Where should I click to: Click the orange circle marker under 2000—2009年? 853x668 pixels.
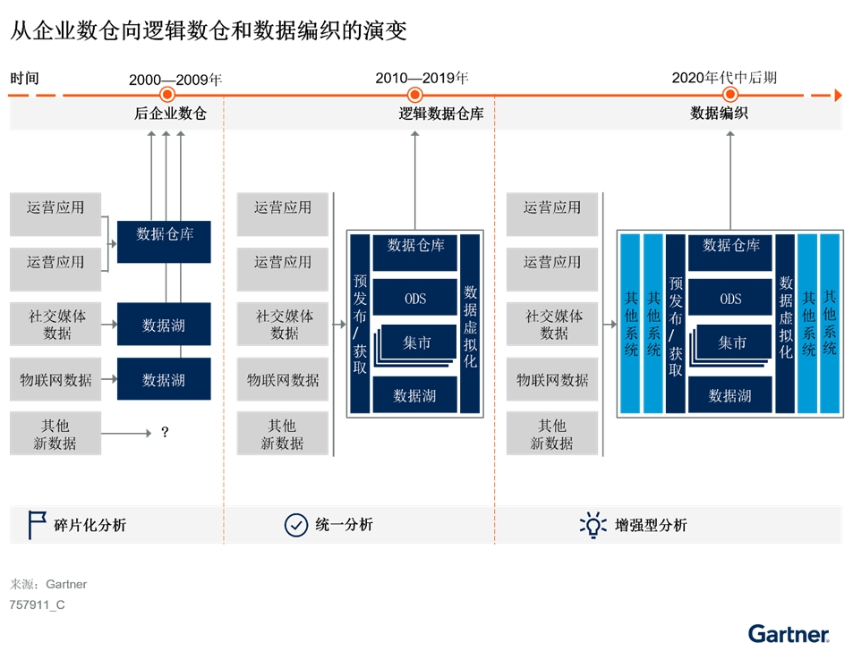tap(166, 95)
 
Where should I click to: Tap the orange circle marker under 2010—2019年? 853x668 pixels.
tap(414, 95)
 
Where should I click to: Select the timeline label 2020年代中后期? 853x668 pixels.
tap(724, 78)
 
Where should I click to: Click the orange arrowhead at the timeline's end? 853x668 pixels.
tap(838, 95)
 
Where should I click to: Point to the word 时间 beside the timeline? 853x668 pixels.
tap(24, 79)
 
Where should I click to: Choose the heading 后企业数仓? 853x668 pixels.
tap(170, 114)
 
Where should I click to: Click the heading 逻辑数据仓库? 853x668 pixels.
tap(441, 114)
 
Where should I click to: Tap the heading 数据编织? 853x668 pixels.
tap(719, 114)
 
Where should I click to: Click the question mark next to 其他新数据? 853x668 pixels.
tap(165, 433)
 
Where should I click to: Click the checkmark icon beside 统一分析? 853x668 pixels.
tap(295, 525)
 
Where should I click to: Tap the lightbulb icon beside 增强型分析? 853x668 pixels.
tap(593, 525)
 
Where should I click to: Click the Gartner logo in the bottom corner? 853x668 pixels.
tap(789, 634)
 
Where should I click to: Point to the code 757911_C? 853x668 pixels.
tap(38, 605)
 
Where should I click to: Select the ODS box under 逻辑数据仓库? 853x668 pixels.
tap(414, 299)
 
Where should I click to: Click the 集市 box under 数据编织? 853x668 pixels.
tap(730, 342)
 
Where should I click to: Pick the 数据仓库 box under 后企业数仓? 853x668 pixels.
tap(165, 241)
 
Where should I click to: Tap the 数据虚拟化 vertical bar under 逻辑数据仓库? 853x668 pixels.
tap(470, 324)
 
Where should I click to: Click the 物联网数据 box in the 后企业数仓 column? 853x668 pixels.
tap(55, 379)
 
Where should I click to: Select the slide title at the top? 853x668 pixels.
tap(209, 31)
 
